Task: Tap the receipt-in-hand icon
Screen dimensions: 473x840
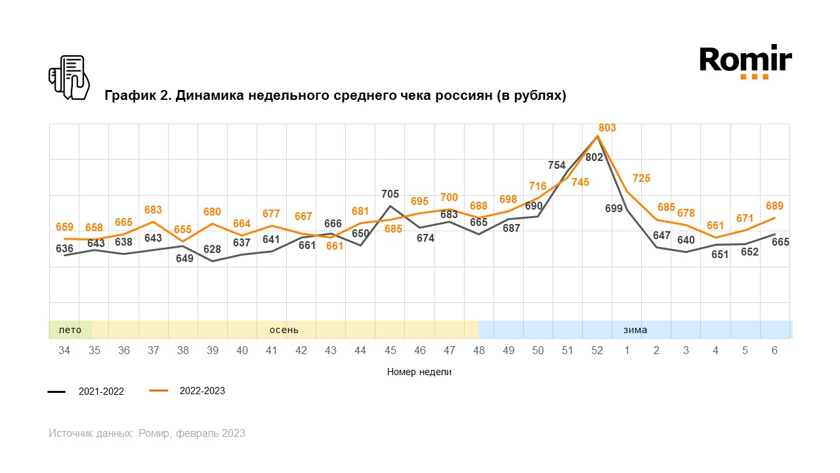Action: coord(68,78)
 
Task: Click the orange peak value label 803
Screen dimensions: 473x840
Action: coord(607,127)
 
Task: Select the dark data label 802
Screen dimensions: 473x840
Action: coord(594,158)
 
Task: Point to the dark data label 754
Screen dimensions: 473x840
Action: coord(556,165)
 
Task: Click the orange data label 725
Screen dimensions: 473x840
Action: coord(641,178)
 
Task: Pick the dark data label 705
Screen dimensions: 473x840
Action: coord(390,194)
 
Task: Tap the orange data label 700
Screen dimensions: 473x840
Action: coord(450,197)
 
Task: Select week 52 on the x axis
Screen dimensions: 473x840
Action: coord(597,351)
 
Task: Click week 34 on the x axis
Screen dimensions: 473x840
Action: coord(64,351)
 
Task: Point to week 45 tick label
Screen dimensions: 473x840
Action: coord(390,351)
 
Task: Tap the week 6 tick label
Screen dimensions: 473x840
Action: coord(774,351)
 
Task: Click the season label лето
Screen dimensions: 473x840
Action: coord(70,330)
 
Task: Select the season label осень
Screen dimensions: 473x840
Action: coord(284,330)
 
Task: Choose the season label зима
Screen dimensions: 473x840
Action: coord(635,330)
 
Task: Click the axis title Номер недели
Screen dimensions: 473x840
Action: coord(419,372)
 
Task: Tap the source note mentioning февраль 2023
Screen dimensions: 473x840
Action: coord(147,434)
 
